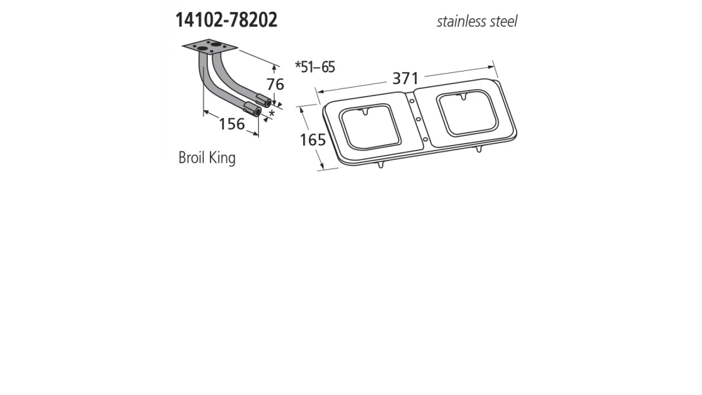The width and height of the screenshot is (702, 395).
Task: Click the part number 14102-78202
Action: [221, 20]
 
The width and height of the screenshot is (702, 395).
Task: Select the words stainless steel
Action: [477, 21]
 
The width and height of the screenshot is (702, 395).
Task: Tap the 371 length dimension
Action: [406, 79]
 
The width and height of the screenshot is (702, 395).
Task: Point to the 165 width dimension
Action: [312, 140]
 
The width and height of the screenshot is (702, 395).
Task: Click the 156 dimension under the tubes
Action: [232, 124]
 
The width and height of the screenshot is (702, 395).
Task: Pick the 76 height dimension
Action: [275, 84]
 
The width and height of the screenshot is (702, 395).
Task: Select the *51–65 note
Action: [315, 67]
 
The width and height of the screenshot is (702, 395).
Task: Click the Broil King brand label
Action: [207, 158]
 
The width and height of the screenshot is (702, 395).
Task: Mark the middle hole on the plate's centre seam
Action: [418, 120]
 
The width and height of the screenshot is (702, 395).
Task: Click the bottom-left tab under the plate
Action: [380, 165]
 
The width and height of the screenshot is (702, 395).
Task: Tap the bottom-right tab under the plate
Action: [480, 149]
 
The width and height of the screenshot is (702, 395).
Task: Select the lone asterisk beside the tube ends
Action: [271, 113]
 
